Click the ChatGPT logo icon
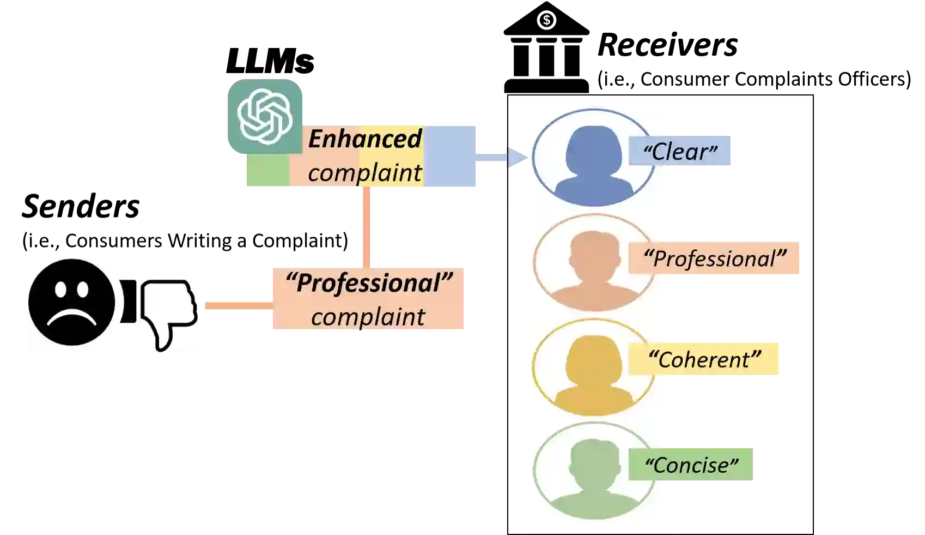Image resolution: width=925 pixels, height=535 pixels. (x=265, y=116)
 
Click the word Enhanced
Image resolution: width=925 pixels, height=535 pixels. (x=364, y=139)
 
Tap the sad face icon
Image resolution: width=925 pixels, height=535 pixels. (x=71, y=303)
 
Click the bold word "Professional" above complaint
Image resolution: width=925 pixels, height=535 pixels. (x=369, y=283)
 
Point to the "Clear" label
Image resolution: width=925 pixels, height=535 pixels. (x=680, y=151)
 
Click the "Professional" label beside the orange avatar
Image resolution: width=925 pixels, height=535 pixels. (x=715, y=258)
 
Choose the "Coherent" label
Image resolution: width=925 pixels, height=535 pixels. (x=704, y=359)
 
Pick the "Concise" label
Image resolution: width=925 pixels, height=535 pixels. (x=691, y=465)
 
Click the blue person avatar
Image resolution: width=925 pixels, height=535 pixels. (x=594, y=158)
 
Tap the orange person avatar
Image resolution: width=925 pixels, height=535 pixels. (x=594, y=263)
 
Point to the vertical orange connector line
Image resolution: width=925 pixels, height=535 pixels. (x=366, y=226)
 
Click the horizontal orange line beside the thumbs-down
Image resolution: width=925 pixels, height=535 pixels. (x=237, y=306)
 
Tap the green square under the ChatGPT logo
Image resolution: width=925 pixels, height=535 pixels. (x=266, y=171)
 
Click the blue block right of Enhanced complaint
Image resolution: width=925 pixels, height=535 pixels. (x=451, y=155)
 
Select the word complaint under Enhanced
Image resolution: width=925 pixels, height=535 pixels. (x=364, y=173)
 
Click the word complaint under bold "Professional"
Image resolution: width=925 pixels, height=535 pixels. (x=368, y=317)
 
